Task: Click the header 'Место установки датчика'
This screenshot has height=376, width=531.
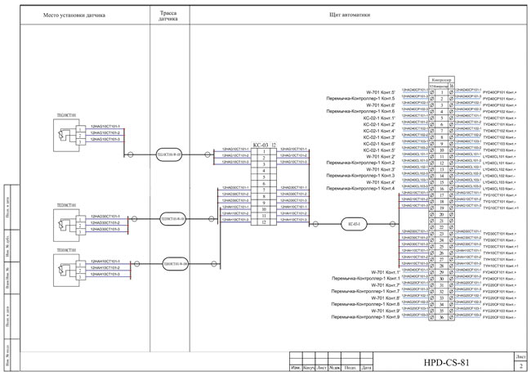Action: (x=78, y=14)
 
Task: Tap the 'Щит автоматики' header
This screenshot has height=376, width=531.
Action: (x=350, y=14)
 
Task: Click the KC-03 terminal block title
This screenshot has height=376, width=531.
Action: (x=238, y=144)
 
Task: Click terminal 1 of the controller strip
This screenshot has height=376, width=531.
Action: (x=441, y=92)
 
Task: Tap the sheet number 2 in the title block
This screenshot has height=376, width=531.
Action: (x=520, y=367)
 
